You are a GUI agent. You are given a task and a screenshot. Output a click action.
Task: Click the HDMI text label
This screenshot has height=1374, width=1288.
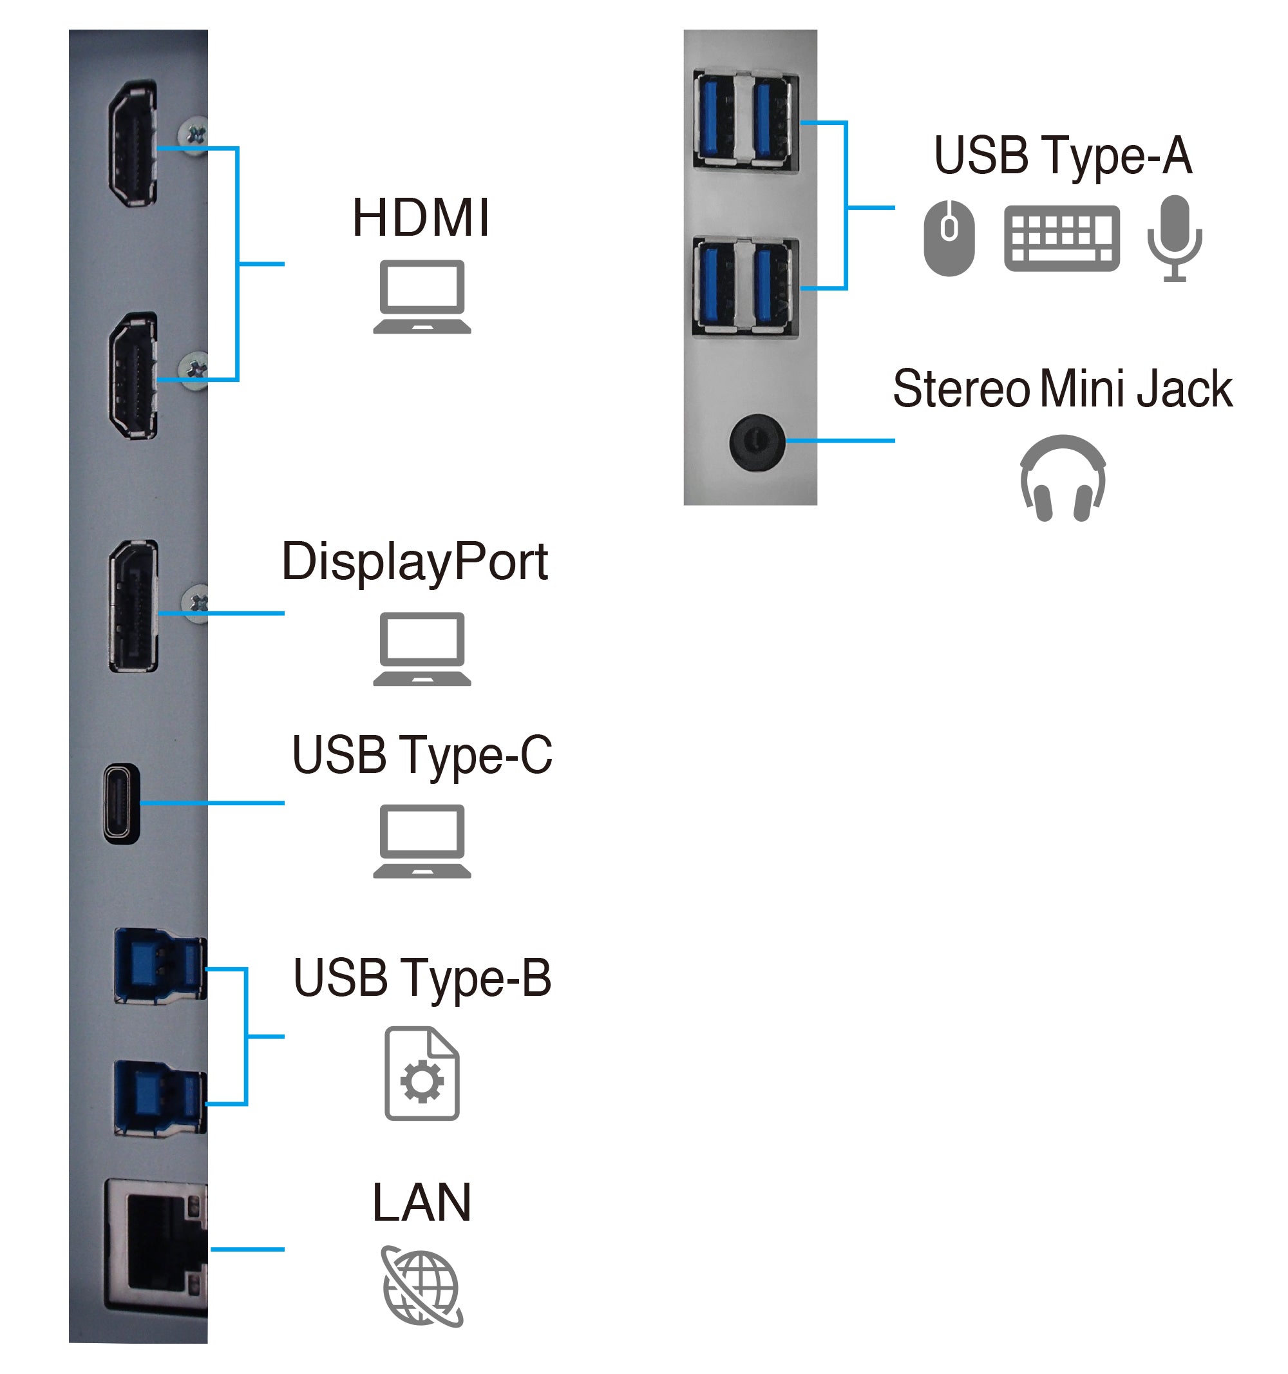tap(421, 218)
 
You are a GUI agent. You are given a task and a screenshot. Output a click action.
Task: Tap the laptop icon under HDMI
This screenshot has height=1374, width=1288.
tap(422, 296)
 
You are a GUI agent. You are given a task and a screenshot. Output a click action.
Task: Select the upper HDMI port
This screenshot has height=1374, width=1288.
tap(133, 143)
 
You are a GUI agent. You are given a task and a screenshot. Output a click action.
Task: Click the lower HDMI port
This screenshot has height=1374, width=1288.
tap(133, 376)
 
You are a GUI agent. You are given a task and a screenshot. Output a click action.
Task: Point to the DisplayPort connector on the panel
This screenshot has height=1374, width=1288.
tap(133, 606)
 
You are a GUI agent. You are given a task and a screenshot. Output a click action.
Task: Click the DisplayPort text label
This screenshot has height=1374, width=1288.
tap(415, 561)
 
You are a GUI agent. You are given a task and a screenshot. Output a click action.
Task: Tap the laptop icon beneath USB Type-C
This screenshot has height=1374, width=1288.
tap(422, 841)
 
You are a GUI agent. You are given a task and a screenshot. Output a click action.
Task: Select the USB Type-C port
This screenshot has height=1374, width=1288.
tap(122, 803)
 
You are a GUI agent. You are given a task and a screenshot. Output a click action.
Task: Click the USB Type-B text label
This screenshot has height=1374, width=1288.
tap(422, 978)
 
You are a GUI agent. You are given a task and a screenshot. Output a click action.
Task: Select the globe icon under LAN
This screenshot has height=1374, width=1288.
tap(422, 1286)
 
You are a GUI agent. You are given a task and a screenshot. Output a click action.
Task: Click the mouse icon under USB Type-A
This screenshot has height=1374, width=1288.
tap(949, 238)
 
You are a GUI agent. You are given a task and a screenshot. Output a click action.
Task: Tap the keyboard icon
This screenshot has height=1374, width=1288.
tap(1061, 238)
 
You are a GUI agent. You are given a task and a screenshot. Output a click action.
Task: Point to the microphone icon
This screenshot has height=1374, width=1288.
tap(1174, 236)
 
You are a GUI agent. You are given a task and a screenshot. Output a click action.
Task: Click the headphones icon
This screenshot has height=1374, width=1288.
tap(1062, 477)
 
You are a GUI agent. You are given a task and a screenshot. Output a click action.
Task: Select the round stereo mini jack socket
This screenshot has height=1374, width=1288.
tap(757, 443)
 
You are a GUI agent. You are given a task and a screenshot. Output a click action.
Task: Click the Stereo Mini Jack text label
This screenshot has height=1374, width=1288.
tap(1061, 388)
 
